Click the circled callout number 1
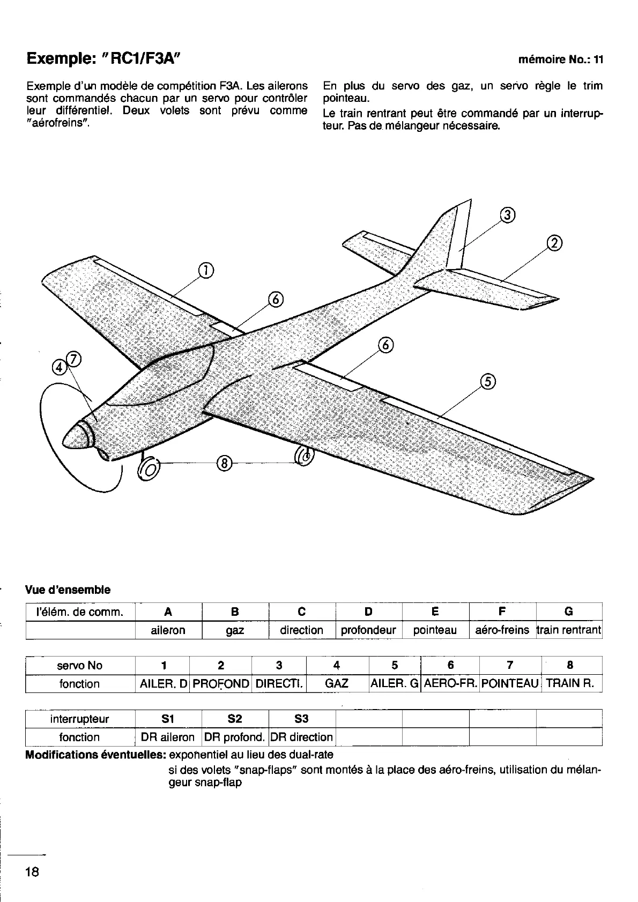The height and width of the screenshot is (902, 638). (x=205, y=271)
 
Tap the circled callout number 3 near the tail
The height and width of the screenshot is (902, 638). (x=507, y=215)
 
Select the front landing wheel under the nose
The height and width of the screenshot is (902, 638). (x=149, y=469)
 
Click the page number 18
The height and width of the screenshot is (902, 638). (x=32, y=871)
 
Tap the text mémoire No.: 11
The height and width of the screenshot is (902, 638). (x=561, y=60)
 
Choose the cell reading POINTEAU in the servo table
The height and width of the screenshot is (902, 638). (x=509, y=683)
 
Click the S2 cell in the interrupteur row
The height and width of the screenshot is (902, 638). (x=235, y=719)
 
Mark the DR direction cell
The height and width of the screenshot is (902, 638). (x=301, y=737)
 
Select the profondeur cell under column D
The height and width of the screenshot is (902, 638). (x=368, y=630)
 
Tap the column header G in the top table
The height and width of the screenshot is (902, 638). (x=569, y=612)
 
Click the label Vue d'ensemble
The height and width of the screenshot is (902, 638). (x=68, y=590)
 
